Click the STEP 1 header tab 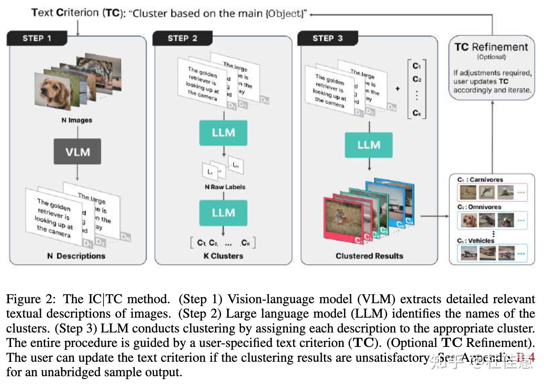(x=37, y=38)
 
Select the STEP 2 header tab (x=182, y=38)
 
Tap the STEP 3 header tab (x=327, y=38)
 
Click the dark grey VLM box (x=78, y=152)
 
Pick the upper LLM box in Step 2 (x=223, y=133)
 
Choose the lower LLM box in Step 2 (x=223, y=213)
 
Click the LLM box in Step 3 (x=369, y=145)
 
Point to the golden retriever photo (x=53, y=90)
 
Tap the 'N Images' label (x=77, y=120)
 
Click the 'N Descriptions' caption (x=76, y=256)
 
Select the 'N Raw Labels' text (x=225, y=187)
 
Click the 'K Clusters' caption (x=223, y=256)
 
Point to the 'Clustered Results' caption (x=369, y=256)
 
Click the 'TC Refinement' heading (x=491, y=47)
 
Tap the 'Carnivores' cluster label (x=486, y=179)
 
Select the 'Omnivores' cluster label (x=485, y=207)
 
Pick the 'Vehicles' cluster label (x=481, y=241)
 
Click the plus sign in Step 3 (x=398, y=89)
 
